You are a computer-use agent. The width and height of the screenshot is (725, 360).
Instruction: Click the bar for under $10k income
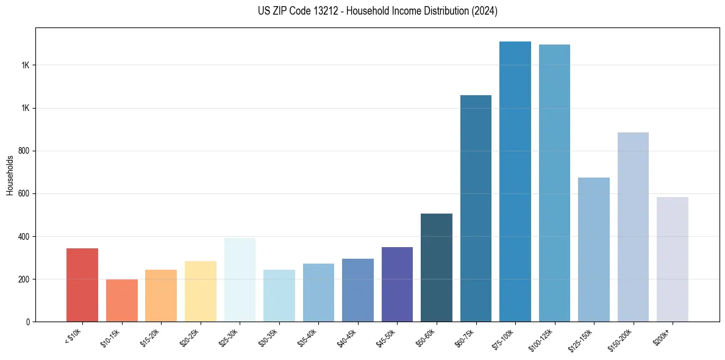point(82,285)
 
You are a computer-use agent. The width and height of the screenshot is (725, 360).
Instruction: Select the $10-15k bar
point(122,300)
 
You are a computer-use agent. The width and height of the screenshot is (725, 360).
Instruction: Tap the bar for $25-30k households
point(240,279)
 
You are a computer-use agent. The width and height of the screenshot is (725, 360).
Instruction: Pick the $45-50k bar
point(397,284)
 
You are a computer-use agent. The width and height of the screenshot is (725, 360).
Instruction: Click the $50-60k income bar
point(437,267)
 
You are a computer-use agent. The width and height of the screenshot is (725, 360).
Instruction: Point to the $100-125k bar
point(554,183)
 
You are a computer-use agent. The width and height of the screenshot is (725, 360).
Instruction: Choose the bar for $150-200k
point(633,227)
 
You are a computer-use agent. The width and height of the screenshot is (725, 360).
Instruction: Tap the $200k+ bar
point(673,259)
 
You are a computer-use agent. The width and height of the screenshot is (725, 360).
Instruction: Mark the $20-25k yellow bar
point(201,291)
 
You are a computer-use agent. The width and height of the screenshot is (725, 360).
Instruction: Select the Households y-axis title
point(10,175)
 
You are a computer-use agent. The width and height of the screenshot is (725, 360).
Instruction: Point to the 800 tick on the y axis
point(23,151)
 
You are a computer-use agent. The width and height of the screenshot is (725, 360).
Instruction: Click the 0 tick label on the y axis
point(27,322)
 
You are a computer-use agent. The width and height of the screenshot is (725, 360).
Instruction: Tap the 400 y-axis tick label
point(23,236)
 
